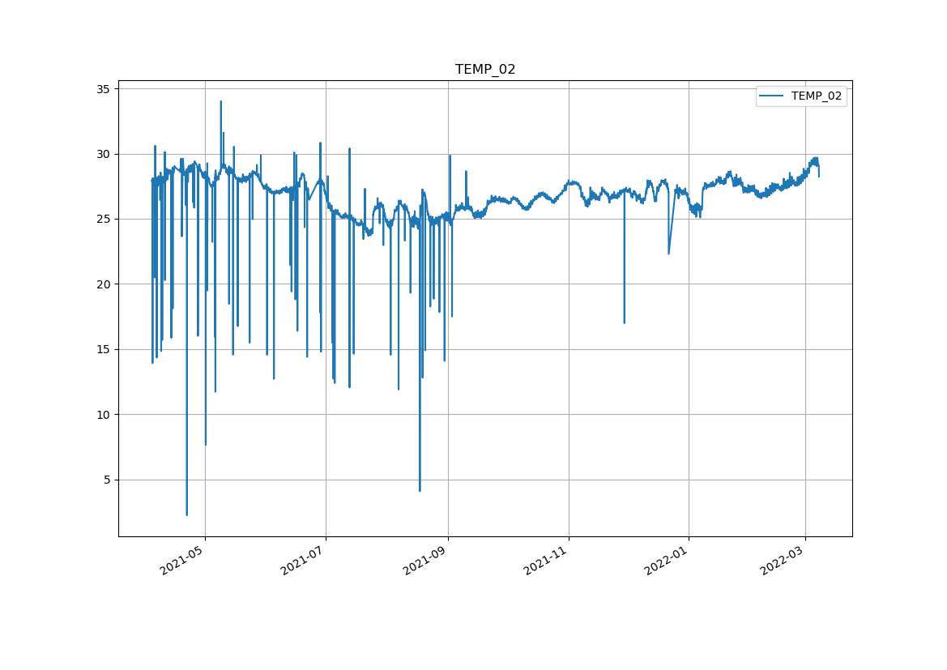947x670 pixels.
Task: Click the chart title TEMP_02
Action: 485,70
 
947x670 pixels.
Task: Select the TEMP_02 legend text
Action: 816,96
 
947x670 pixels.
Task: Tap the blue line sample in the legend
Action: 772,96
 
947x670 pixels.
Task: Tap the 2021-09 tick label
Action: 426,560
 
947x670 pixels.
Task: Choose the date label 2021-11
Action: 547,560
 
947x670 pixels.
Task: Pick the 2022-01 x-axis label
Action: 668,560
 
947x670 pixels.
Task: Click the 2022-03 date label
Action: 783,560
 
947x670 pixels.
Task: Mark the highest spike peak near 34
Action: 220,102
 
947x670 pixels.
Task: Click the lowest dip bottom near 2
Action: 187,514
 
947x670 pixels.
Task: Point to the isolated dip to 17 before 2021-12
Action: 624,322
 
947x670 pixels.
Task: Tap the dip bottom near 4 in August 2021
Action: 420,490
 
